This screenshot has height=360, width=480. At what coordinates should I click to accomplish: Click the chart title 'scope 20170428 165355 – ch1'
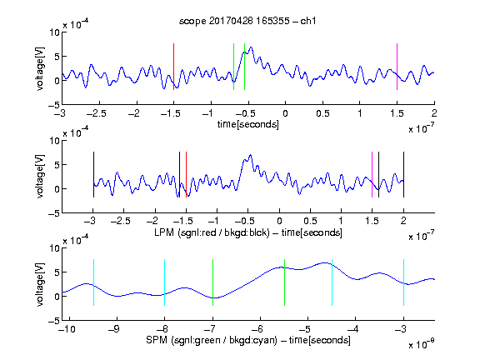247,21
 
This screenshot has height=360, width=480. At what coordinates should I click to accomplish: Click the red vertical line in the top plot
174,67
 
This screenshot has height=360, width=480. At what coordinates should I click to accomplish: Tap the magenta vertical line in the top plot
397,67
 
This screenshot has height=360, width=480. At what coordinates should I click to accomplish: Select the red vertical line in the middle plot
186,174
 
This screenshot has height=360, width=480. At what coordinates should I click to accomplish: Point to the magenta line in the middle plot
372,174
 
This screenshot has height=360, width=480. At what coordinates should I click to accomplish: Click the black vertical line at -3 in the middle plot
93,174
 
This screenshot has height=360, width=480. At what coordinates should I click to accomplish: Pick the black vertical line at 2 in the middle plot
403,174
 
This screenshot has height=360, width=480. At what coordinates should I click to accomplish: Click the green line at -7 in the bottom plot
212,282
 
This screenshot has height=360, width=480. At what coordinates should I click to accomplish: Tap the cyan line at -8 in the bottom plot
165,282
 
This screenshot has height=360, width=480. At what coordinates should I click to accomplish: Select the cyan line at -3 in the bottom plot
403,282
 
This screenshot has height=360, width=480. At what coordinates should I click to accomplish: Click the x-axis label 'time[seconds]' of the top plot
248,125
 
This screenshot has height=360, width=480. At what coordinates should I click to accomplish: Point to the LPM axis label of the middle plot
248,232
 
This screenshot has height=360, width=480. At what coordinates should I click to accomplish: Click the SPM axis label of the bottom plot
248,340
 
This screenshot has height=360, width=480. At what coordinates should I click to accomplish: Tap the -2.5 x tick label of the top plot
97,113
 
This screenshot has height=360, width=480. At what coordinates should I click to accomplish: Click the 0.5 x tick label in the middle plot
310,221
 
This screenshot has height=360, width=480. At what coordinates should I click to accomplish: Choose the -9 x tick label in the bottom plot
114,329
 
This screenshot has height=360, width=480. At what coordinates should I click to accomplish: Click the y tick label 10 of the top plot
55,32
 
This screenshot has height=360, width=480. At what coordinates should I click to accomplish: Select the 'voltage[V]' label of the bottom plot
40,285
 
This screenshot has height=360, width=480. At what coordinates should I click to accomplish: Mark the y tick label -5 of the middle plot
54,213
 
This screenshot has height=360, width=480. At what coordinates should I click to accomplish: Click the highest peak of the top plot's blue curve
251,47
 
